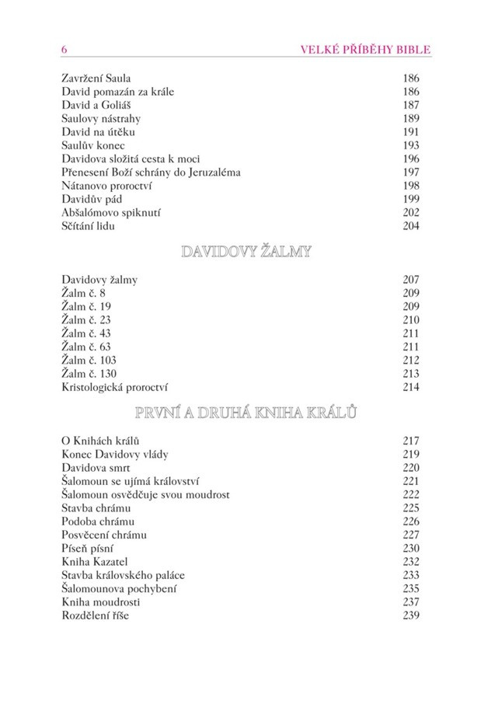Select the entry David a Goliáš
(94, 105)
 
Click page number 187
(411, 105)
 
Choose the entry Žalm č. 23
(86, 319)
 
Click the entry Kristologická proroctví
(115, 386)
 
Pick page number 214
(411, 386)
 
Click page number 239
(411, 615)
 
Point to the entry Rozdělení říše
(96, 615)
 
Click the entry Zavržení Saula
(96, 78)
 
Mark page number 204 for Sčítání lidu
(411, 225)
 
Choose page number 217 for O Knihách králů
(411, 441)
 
